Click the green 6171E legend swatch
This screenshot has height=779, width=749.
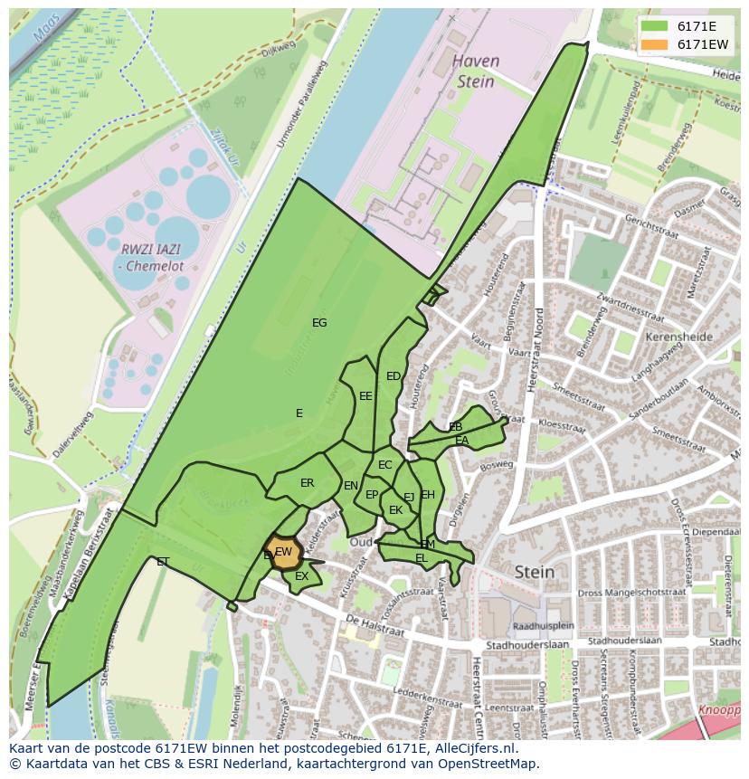(655, 26)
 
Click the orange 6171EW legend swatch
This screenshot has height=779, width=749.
(655, 44)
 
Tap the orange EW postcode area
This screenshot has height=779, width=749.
(283, 553)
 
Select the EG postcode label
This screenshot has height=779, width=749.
(319, 323)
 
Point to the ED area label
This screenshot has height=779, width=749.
(393, 376)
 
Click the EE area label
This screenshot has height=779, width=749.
(365, 396)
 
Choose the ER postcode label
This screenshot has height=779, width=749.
(308, 483)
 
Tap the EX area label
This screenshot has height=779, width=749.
(302, 576)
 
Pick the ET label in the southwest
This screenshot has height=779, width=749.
(163, 562)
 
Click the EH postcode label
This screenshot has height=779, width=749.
(428, 495)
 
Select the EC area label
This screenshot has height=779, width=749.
(385, 465)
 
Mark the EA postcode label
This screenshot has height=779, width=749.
(461, 441)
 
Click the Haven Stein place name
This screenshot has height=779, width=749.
(475, 71)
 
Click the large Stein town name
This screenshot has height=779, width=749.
(534, 572)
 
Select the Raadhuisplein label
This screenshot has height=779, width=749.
(543, 625)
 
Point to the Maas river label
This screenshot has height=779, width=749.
(45, 29)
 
